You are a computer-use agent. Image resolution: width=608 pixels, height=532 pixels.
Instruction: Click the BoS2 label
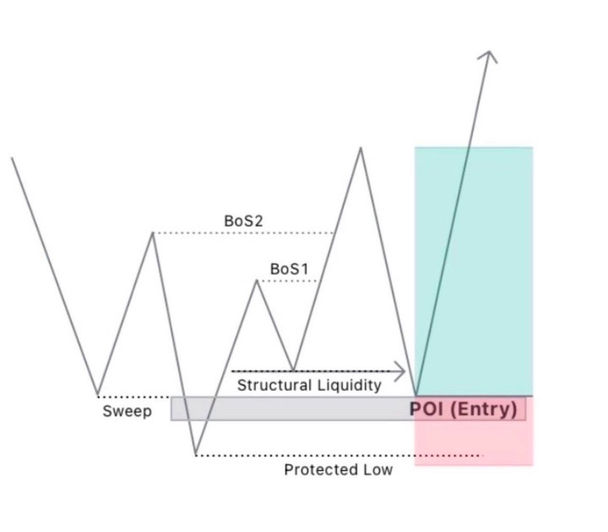click(244, 221)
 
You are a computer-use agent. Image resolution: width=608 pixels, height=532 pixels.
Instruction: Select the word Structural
click(274, 385)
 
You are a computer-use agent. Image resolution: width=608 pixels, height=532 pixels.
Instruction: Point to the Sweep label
click(127, 412)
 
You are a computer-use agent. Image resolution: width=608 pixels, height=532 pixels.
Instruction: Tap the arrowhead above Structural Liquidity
click(400, 371)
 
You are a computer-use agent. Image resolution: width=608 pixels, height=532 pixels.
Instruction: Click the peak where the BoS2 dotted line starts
click(152, 233)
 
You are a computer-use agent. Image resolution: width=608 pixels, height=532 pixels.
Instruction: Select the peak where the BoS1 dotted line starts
click(257, 280)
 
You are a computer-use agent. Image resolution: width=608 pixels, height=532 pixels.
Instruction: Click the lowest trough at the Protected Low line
click(196, 455)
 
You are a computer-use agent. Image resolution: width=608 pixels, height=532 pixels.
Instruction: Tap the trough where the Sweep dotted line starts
click(97, 395)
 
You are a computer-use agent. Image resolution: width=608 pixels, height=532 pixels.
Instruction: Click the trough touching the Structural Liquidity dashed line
click(293, 370)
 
